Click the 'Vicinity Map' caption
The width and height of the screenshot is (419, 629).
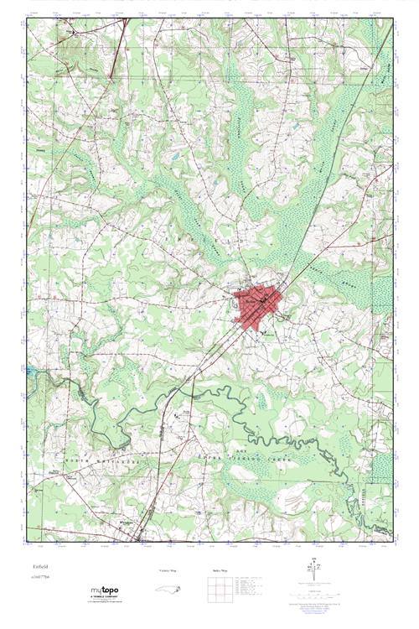168,569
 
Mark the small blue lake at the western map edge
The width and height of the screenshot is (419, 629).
30,369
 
